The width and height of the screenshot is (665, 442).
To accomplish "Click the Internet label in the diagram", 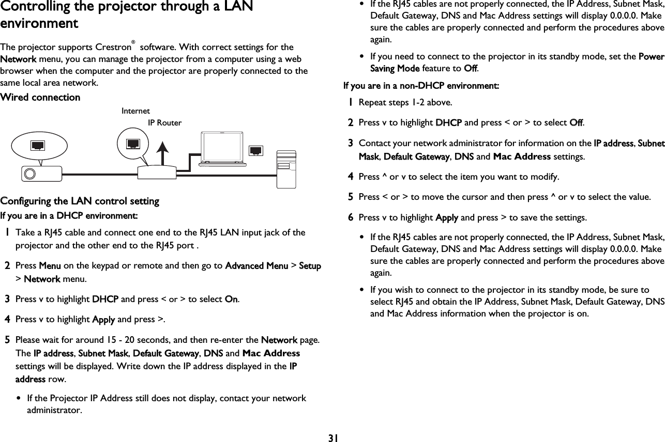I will point(135,111).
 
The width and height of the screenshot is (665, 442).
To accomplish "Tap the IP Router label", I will point(164,123).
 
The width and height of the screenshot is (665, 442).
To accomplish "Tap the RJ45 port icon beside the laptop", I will point(256,150).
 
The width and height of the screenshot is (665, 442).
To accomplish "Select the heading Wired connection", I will point(40,98).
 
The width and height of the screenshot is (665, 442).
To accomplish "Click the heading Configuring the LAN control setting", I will point(80,201).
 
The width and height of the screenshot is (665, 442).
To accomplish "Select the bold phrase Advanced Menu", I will point(256,266).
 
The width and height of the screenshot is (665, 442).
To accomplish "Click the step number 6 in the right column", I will point(350,218).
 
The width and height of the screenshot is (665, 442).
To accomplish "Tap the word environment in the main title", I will point(39,24).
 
